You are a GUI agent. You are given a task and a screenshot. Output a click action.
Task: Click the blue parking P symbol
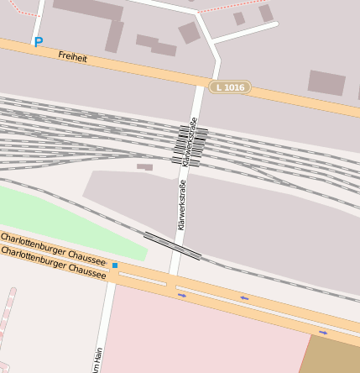pyautogui.click(x=38, y=41)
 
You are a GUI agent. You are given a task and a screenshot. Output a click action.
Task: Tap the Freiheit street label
pyautogui.click(x=72, y=56)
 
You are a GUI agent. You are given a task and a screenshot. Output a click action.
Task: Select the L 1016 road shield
pyautogui.click(x=229, y=87)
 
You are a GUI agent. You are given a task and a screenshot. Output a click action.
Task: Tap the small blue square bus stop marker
pyautogui.click(x=115, y=265)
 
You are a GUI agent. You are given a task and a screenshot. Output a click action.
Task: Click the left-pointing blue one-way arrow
pyautogui.click(x=244, y=297)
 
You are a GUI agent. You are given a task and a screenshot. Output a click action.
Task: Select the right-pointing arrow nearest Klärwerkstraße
pyautogui.click(x=182, y=295)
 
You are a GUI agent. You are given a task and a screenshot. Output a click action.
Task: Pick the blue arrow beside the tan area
pyautogui.click(x=323, y=333)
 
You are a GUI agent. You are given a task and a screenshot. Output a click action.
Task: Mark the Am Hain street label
pyautogui.click(x=98, y=360)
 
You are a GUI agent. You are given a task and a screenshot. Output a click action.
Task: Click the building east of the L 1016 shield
pyautogui.click(x=326, y=82)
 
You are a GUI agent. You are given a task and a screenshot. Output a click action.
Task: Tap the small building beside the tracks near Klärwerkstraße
pyautogui.click(x=145, y=167)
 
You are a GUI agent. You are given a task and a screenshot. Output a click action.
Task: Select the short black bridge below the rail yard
pyautogui.click(x=172, y=245)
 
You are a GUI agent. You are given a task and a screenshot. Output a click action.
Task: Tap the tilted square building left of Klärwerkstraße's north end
pyautogui.click(x=190, y=33)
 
